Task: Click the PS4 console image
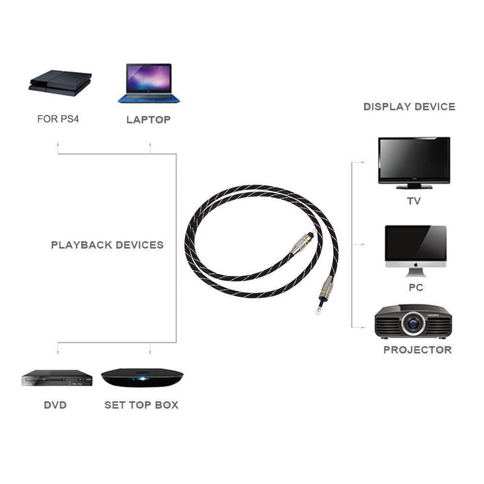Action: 60,83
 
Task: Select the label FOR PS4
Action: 58,119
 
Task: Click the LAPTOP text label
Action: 148,120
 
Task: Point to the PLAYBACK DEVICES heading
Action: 107,245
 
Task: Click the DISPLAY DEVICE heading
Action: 409,106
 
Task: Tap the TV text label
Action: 414,201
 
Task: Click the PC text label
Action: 416,287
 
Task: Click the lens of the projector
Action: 414,324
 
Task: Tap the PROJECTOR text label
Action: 417,350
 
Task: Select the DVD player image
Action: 56,378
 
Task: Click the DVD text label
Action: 55,405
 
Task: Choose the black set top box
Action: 142,378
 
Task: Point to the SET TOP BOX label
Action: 141,405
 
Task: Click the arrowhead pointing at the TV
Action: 363,162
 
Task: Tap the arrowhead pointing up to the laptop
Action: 150,145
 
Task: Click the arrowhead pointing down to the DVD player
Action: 57,351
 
